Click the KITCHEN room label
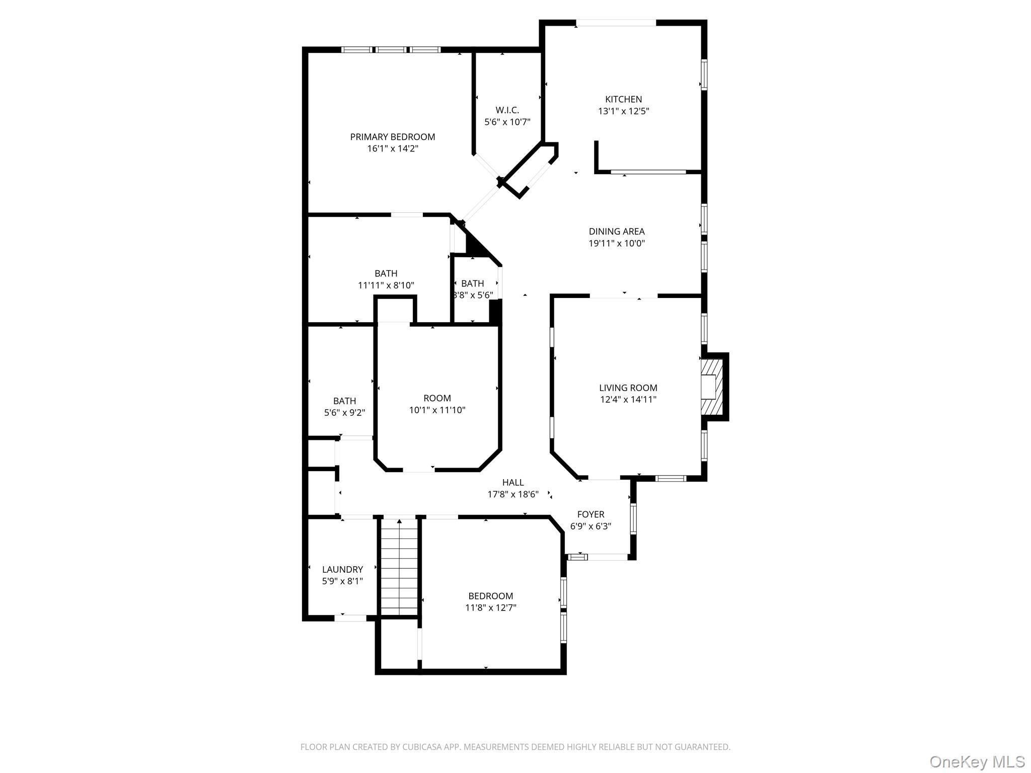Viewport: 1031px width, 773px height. [623, 99]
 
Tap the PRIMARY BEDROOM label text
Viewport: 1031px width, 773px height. [393, 137]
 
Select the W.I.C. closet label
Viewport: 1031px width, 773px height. [507, 110]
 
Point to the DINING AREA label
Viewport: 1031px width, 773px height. [617, 231]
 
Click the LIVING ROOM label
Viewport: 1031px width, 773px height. [628, 388]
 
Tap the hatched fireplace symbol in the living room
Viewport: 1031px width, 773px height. [711, 387]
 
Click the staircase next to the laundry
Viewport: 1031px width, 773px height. [399, 566]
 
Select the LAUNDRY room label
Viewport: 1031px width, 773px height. [342, 569]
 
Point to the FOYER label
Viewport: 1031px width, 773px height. [591, 514]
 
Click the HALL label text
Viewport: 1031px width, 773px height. [512, 483]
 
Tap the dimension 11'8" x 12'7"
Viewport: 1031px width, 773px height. [490, 608]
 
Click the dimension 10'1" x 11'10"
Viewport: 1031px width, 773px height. [437, 410]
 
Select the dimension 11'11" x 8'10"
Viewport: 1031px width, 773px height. [386, 285]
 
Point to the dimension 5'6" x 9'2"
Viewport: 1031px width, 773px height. [344, 413]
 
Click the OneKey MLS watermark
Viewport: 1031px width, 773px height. [977, 761]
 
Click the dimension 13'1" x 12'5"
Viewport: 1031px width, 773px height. [623, 111]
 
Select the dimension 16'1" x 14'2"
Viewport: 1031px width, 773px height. [393, 148]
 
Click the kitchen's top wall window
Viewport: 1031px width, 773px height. [616, 23]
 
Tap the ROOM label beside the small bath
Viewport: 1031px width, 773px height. [437, 398]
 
